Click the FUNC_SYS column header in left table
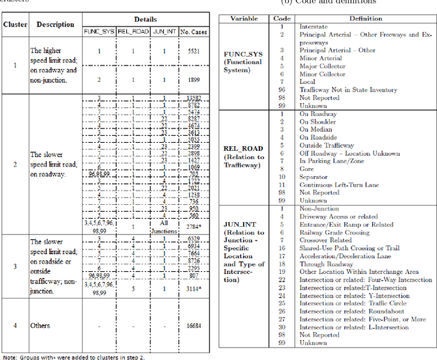98,31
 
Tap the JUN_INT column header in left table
164,31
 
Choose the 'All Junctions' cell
164,225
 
